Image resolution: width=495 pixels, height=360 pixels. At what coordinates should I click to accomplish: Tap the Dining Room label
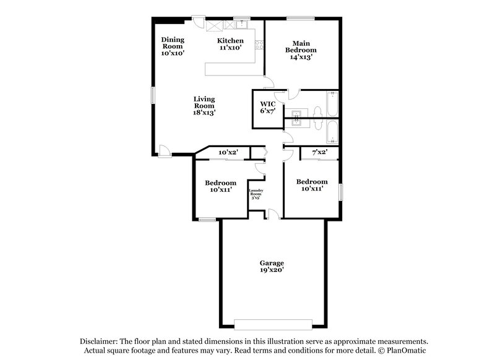[173, 46]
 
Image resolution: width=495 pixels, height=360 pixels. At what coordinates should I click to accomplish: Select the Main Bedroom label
[301, 50]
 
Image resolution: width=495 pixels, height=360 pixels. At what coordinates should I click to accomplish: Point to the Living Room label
[204, 106]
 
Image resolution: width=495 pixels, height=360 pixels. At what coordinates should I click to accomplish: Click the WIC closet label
[267, 107]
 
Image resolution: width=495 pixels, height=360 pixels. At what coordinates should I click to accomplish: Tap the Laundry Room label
[256, 194]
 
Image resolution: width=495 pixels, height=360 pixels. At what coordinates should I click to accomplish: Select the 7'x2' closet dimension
[319, 152]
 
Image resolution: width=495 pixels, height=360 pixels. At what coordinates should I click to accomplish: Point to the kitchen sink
[242, 25]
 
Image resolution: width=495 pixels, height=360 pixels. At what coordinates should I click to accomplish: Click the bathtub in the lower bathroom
[332, 132]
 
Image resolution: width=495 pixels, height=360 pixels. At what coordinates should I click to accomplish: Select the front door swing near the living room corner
[164, 150]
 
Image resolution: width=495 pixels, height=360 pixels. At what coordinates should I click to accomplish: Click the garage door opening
[273, 324]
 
